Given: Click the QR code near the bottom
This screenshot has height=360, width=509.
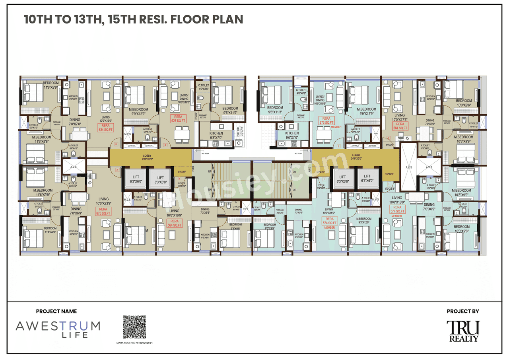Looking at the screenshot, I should click(134, 327).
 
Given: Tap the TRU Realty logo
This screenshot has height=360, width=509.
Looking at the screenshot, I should click(463, 331).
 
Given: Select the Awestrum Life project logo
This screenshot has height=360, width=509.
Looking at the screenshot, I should click(58, 329).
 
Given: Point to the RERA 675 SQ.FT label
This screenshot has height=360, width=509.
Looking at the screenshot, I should click(103, 211).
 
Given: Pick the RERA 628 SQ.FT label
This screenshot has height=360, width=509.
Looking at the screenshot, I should click(178, 119).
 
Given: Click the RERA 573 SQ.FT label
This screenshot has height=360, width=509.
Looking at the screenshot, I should click(326, 121).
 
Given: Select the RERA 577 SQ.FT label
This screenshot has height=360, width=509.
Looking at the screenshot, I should click(397, 209).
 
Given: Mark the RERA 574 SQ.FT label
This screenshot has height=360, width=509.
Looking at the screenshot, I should click(329, 221).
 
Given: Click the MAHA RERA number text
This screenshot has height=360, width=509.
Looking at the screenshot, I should click(134, 342).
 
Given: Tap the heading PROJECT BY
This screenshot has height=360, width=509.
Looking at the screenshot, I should click(463, 311).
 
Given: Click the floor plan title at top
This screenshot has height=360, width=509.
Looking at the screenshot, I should click(133, 19).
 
